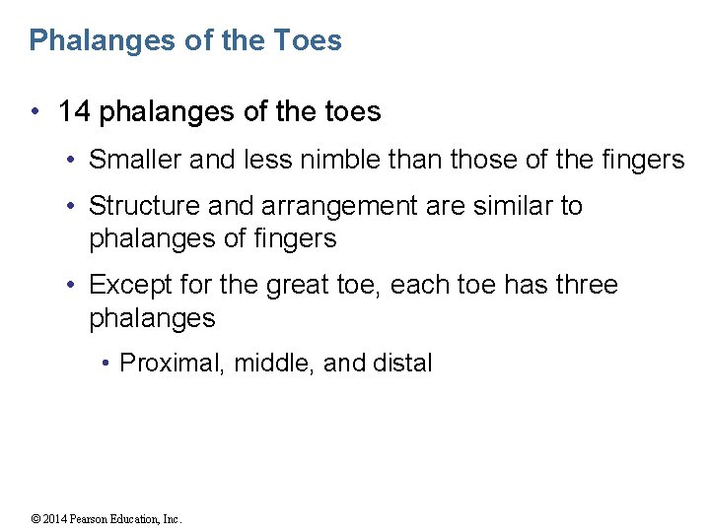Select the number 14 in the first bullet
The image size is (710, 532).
74,112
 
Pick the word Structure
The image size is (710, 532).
143,206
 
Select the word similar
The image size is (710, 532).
509,206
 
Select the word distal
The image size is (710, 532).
402,364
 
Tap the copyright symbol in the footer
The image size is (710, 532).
35,519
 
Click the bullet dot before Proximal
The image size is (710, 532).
106,364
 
